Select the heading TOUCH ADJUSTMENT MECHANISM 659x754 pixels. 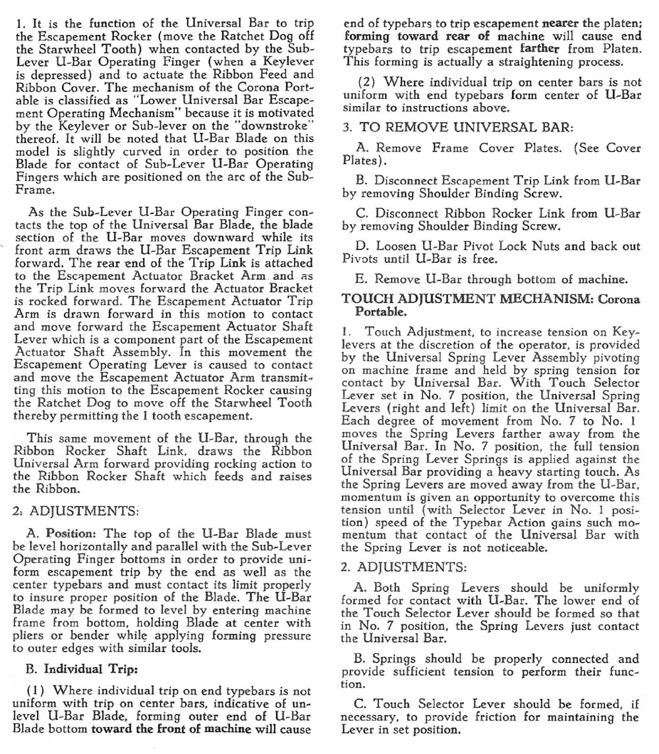(x=467, y=298)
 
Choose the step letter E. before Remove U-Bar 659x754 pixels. (x=362, y=279)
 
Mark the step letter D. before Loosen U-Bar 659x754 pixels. (x=362, y=246)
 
